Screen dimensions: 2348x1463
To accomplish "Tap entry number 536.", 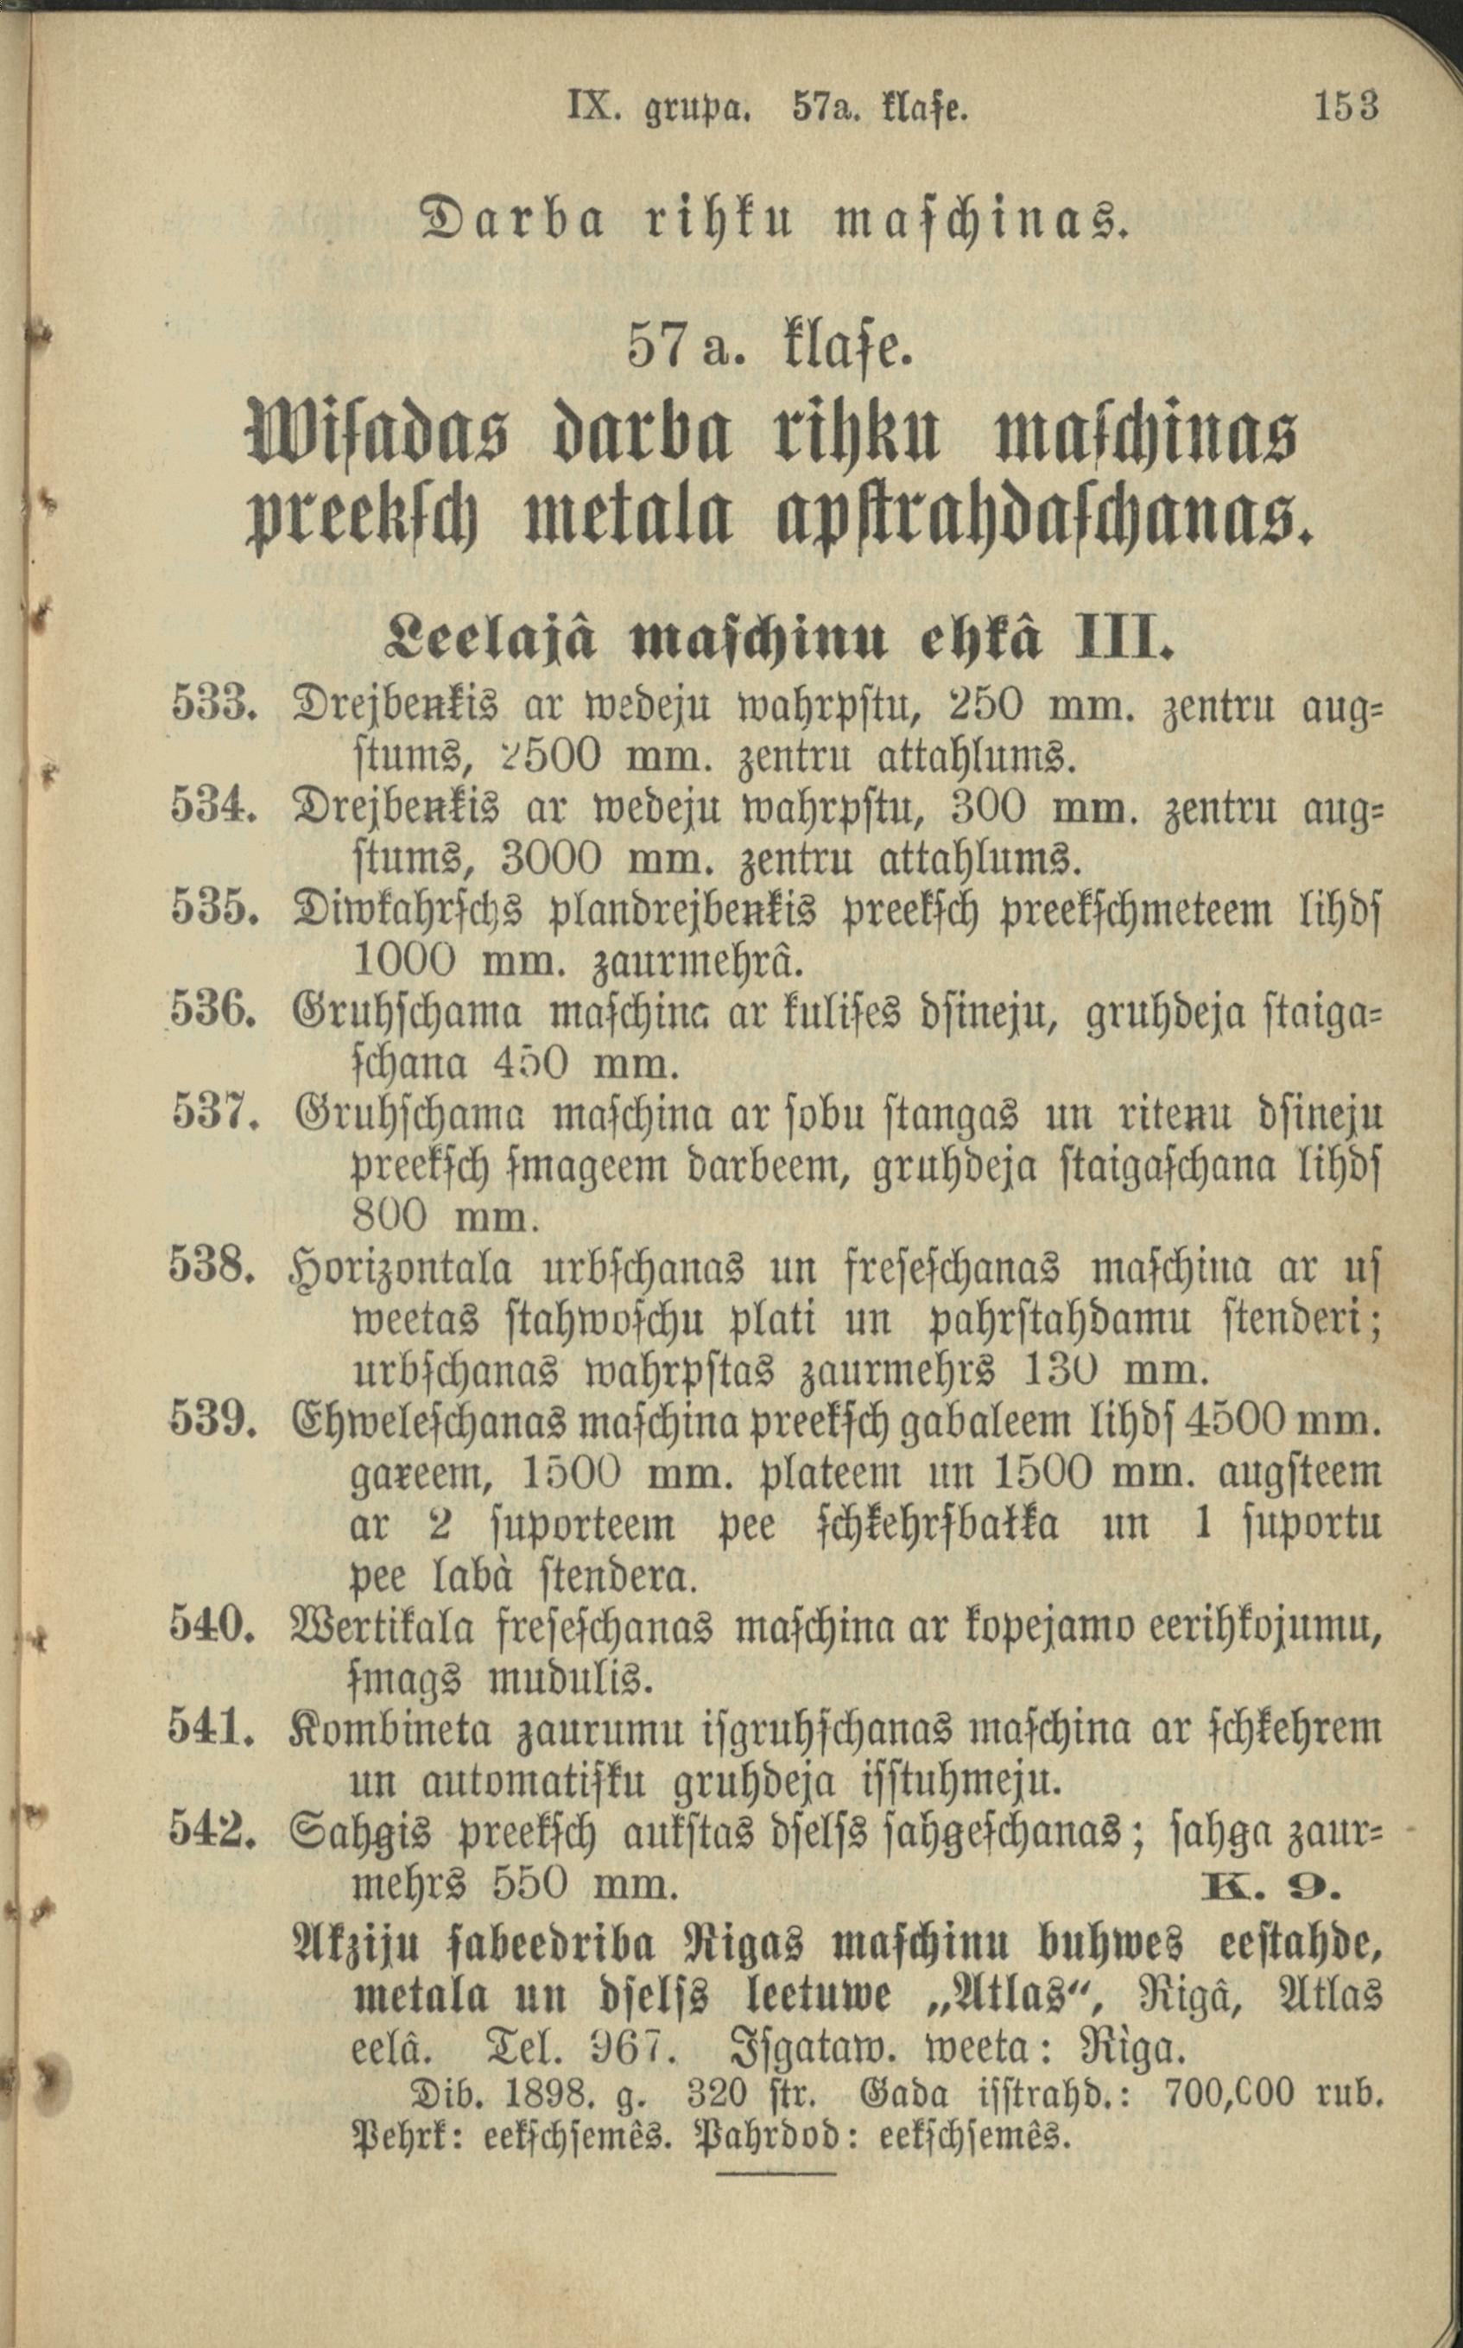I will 212,1012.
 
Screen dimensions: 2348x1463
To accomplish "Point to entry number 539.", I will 212,1420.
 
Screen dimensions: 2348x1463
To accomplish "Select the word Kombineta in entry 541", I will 390,1729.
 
